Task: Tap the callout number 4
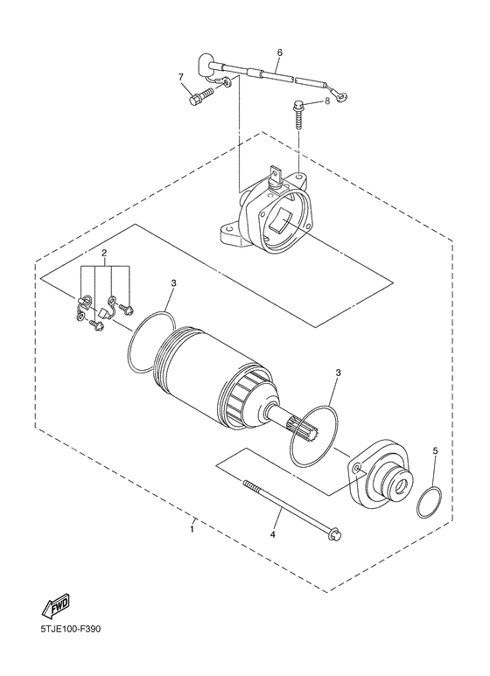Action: pyautogui.click(x=272, y=533)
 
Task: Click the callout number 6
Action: pyautogui.click(x=279, y=52)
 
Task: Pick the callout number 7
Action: pyautogui.click(x=181, y=77)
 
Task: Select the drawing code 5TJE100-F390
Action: pyautogui.click(x=64, y=652)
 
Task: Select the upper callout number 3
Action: pyautogui.click(x=174, y=283)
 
